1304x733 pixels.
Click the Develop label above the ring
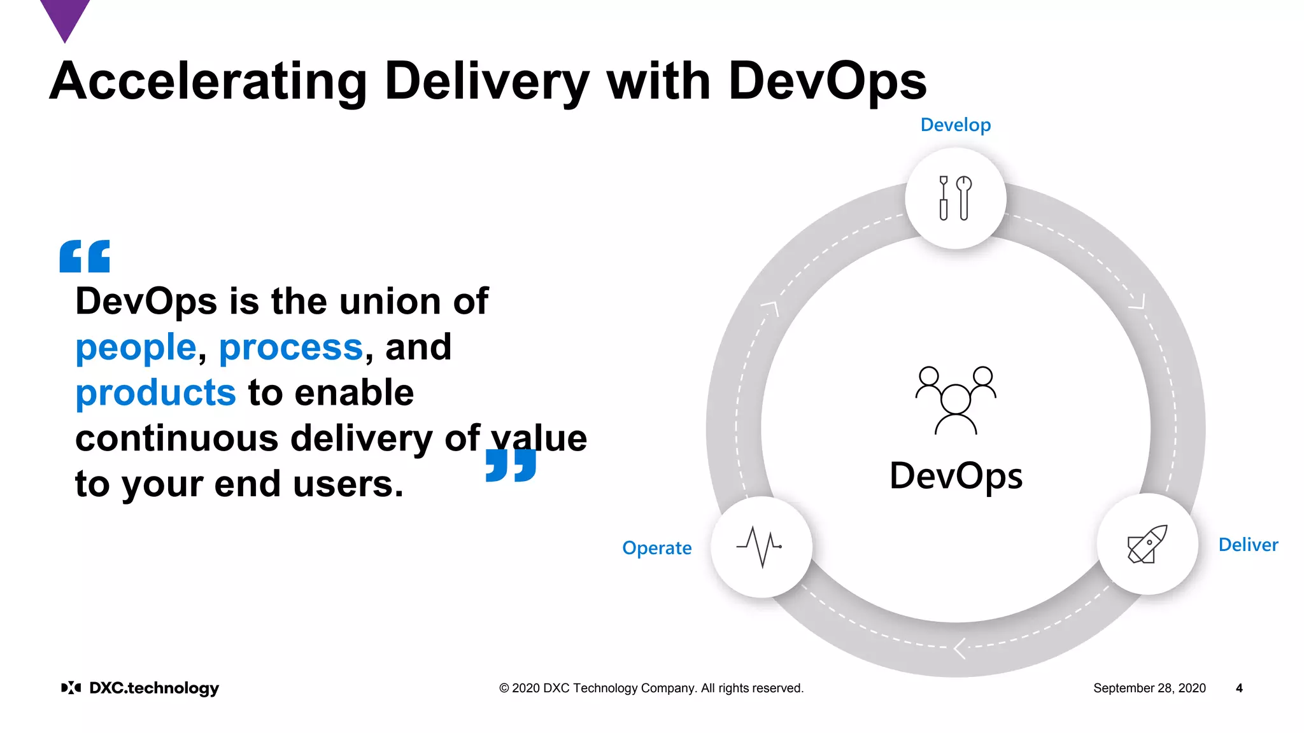[x=955, y=125]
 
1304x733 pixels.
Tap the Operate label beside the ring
[x=656, y=548]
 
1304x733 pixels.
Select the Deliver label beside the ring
[x=1248, y=545]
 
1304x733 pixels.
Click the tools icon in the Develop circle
[x=955, y=199]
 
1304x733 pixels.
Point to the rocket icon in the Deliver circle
[x=1147, y=544]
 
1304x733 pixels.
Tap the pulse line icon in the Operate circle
[x=760, y=547]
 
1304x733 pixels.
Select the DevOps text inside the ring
[x=956, y=476]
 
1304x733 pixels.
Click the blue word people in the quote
[x=136, y=347]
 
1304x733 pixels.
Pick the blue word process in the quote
[x=291, y=347]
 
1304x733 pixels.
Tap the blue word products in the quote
[x=156, y=393]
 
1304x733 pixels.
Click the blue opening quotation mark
[x=85, y=256]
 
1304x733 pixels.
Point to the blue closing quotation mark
[x=511, y=465]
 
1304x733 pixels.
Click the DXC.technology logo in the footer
[x=140, y=688]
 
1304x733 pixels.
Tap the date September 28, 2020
[x=1149, y=688]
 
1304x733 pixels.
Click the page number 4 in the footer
[x=1239, y=688]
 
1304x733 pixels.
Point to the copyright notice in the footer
[x=651, y=688]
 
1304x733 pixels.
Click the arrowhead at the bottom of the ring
[x=960, y=648]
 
